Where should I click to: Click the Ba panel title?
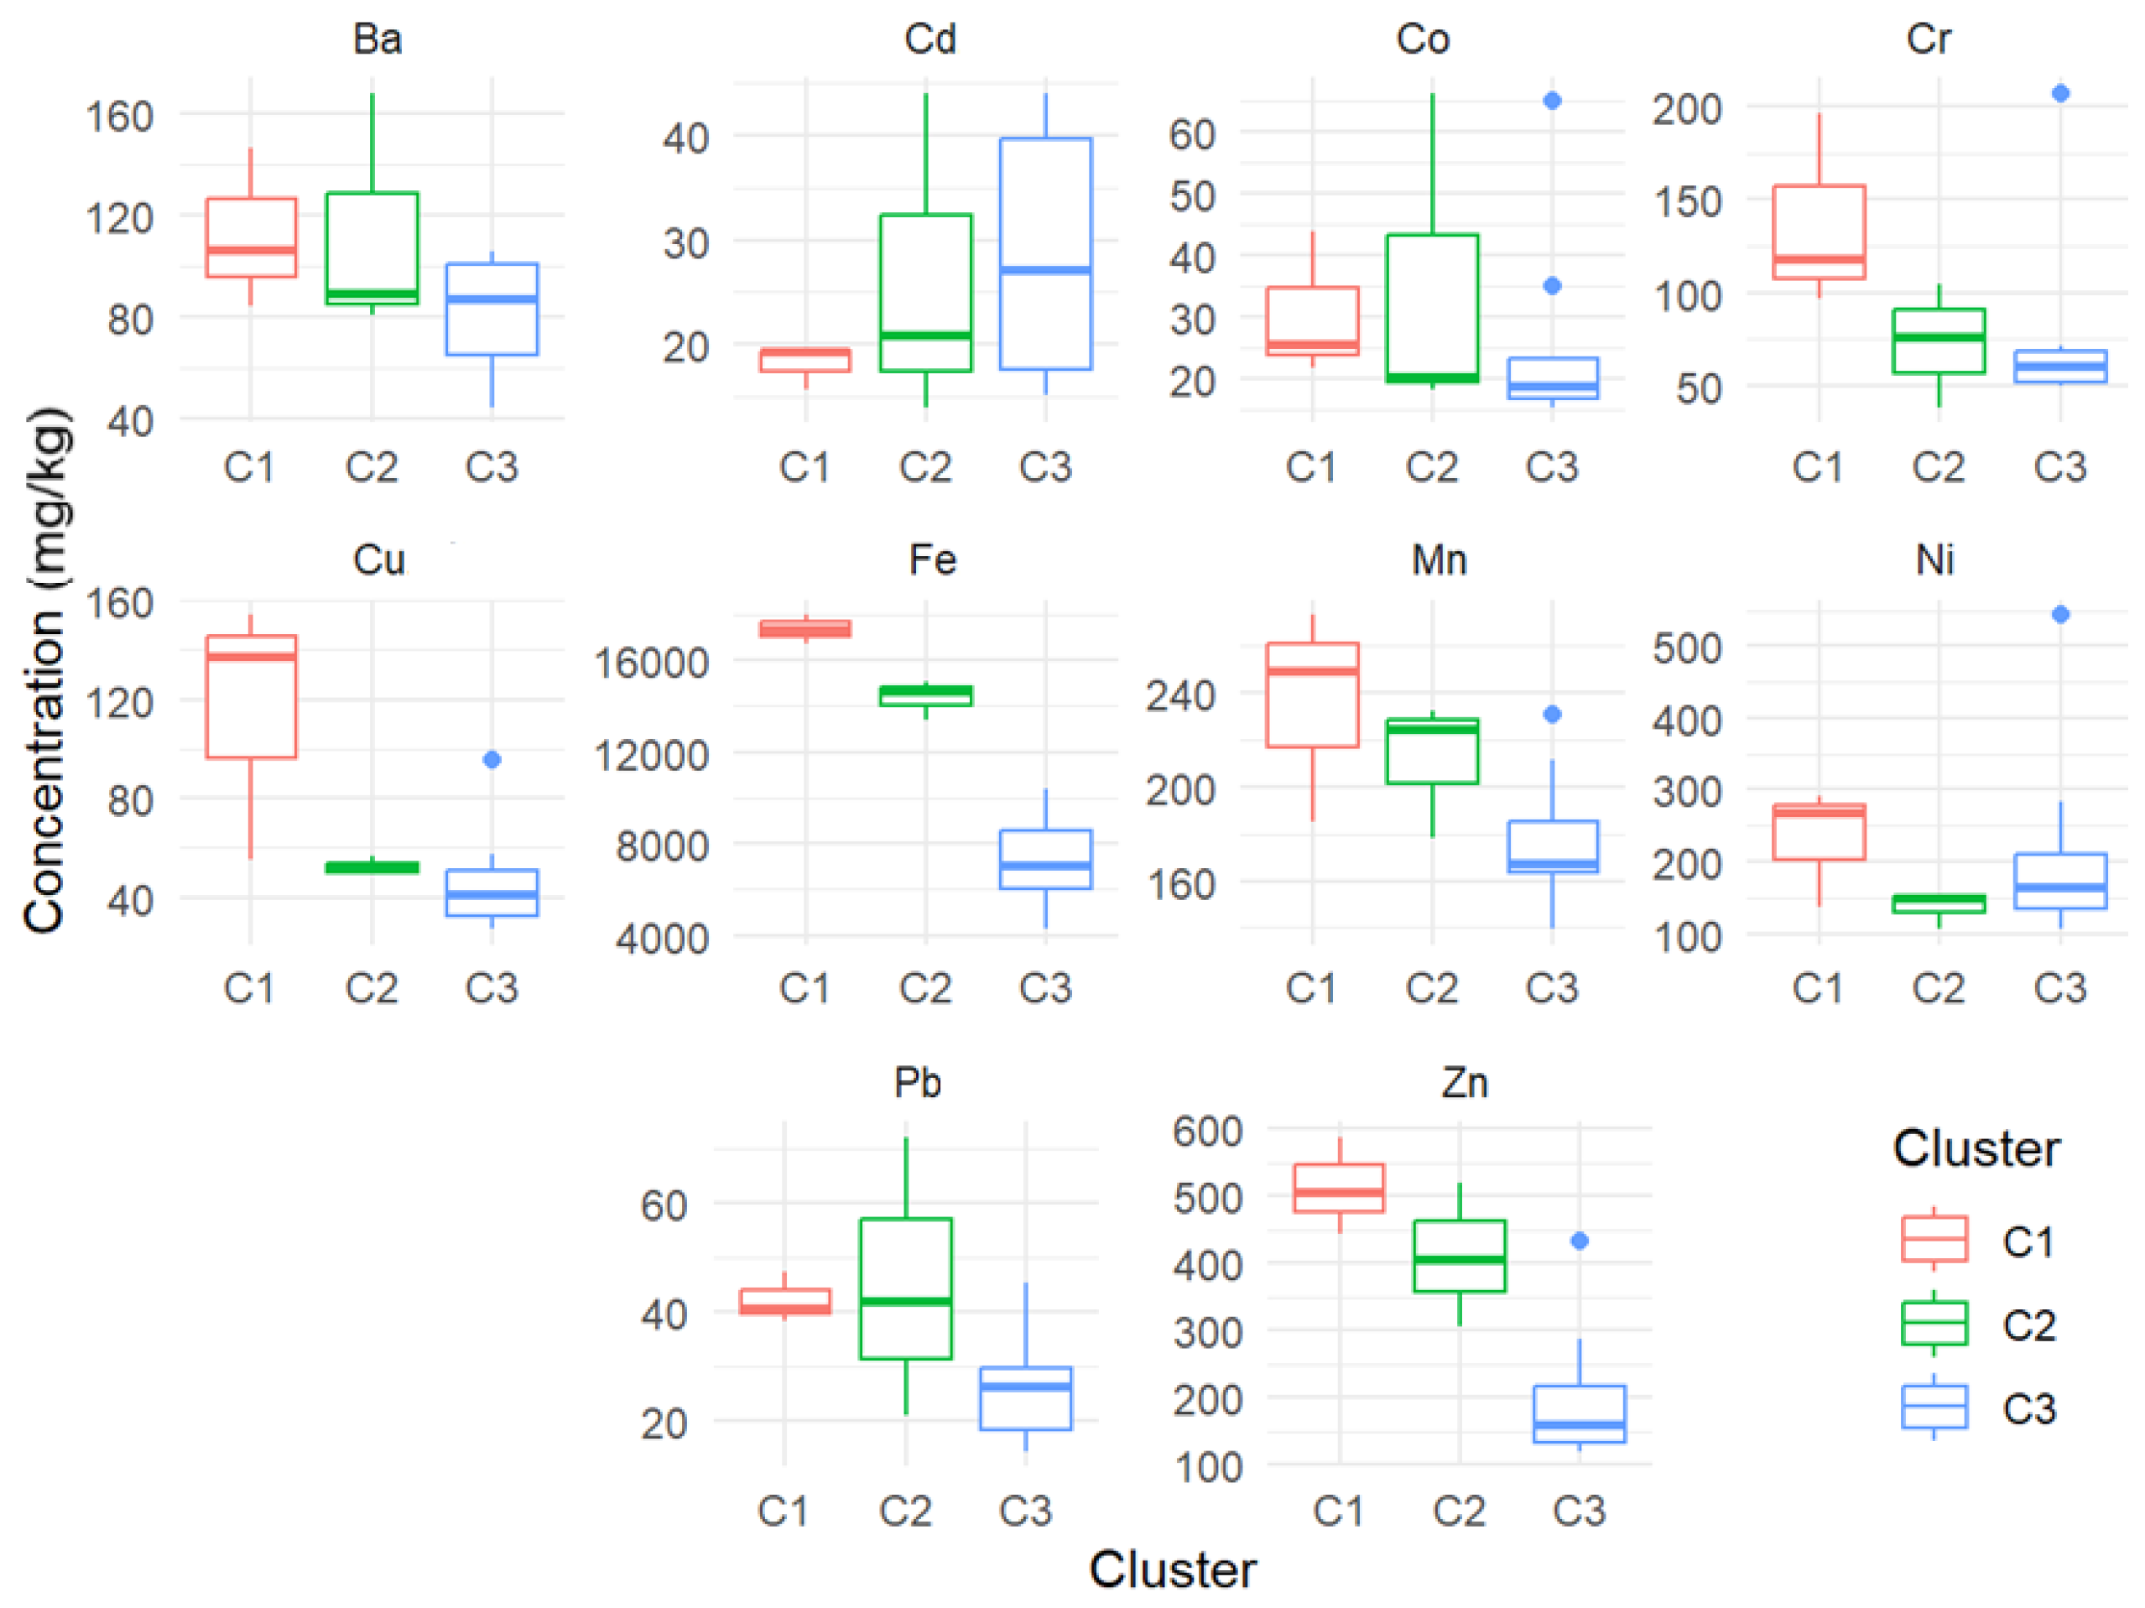pos(377,39)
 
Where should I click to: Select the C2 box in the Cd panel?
pos(925,292)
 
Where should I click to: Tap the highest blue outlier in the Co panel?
pos(1552,101)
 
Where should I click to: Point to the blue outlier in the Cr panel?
pos(2060,93)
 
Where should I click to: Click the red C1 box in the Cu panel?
pos(251,696)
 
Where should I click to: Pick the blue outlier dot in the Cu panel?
pos(492,759)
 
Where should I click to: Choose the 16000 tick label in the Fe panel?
pos(651,663)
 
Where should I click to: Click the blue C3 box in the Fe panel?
pos(1045,859)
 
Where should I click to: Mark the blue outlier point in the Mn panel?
pos(1552,715)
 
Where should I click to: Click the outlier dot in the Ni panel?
pos(2060,614)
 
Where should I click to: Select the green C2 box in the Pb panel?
pos(906,1288)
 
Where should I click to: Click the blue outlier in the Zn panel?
pos(1579,1241)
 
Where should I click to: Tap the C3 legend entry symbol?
pos(1934,1407)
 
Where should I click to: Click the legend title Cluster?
pos(1976,1148)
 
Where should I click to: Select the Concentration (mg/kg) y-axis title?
pos(46,669)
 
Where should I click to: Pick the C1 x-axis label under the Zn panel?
pos(1338,1510)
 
